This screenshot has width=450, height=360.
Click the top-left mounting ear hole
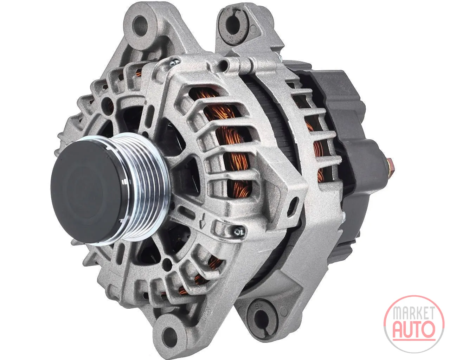coord(141,27)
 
